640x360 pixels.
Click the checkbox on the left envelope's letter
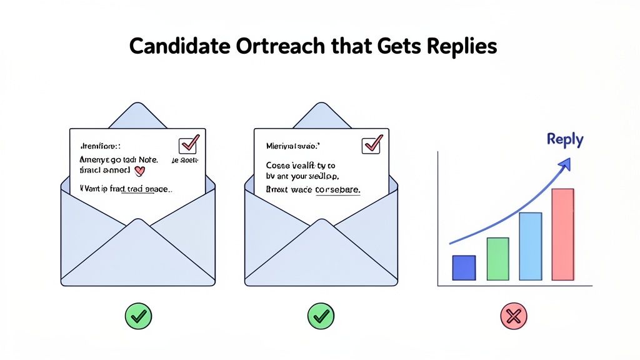click(188, 145)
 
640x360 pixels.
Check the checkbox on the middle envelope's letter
click(372, 145)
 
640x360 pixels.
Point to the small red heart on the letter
click(140, 169)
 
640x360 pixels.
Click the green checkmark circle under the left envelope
click(138, 317)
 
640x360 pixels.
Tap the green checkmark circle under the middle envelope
click(321, 317)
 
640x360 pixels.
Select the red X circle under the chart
click(513, 317)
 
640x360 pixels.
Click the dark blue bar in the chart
click(464, 267)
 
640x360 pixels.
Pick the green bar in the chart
click(497, 259)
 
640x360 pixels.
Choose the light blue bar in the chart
click(531, 246)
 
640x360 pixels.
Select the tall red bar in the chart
click(562, 234)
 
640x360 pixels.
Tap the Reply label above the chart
click(564, 139)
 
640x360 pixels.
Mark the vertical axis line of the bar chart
click(438, 219)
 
